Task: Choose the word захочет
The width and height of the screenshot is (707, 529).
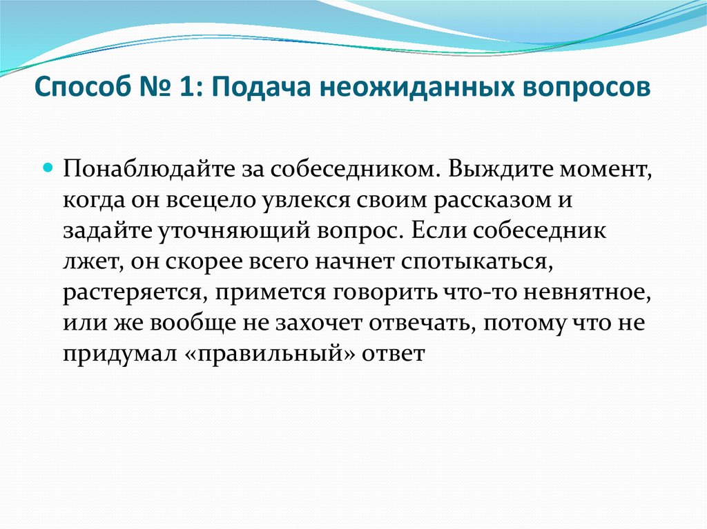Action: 318,323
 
